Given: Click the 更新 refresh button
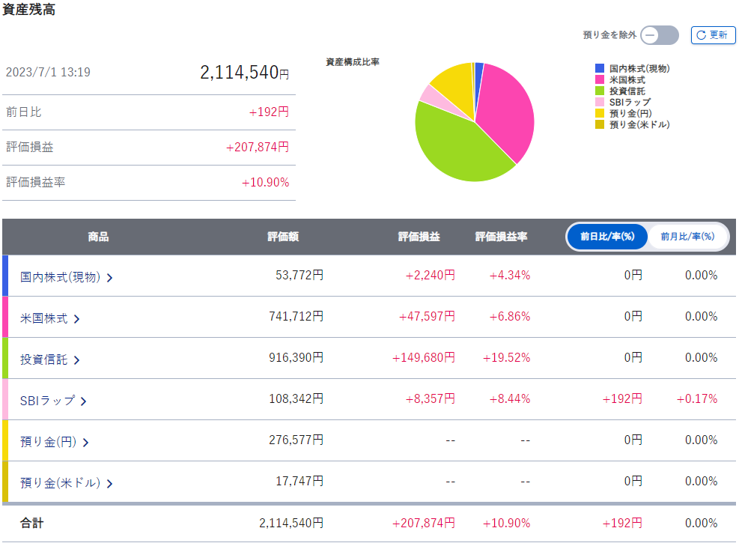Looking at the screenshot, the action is click(x=713, y=35).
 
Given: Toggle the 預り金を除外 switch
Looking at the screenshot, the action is click(x=660, y=35).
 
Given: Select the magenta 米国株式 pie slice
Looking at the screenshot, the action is click(x=507, y=111).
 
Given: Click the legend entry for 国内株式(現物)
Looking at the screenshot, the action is click(x=633, y=68).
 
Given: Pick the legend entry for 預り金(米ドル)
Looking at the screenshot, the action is click(x=633, y=124).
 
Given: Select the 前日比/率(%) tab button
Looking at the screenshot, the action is click(x=607, y=236).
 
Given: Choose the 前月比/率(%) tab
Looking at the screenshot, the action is click(x=687, y=236).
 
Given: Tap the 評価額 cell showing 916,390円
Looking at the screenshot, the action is click(x=296, y=358).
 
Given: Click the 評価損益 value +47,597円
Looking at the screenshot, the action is click(x=427, y=316).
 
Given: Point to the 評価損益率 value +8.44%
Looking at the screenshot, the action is click(x=509, y=398).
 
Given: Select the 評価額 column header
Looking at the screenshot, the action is click(x=283, y=237).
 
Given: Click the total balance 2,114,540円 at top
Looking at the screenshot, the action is click(x=244, y=73).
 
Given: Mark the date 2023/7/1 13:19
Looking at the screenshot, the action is click(x=48, y=72).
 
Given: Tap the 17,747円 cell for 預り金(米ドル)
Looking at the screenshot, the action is click(x=299, y=482).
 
